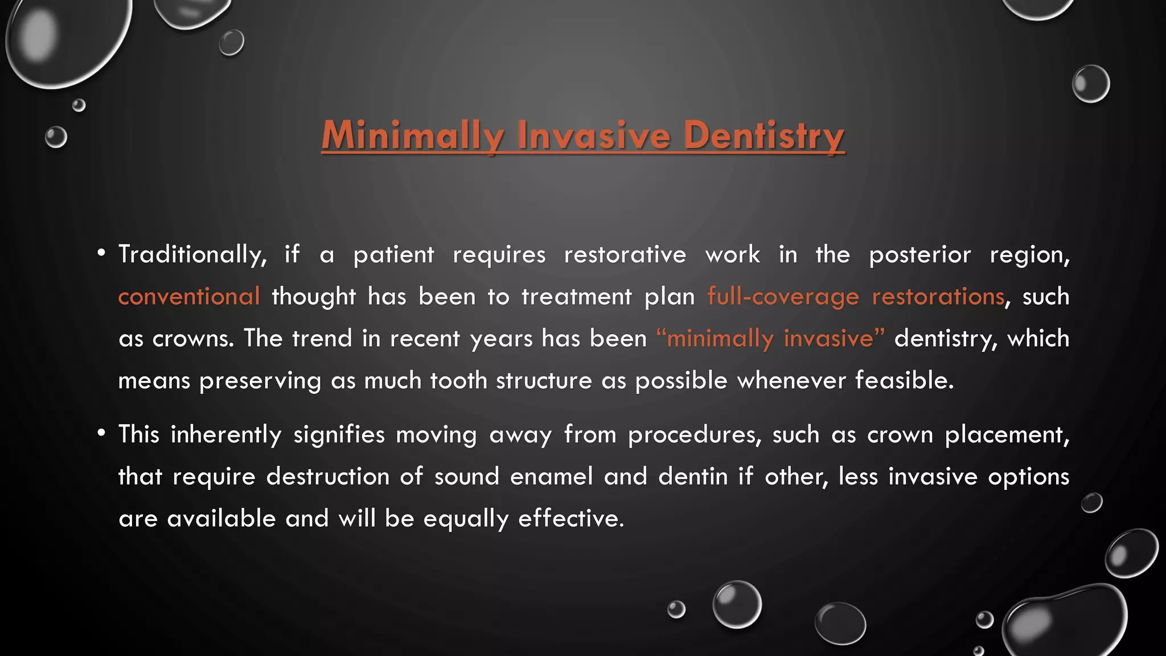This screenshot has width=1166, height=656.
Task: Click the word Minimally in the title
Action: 412,136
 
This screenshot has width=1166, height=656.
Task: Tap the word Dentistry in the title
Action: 763,136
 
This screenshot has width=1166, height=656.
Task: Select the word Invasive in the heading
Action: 594,136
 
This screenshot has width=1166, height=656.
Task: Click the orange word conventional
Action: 189,297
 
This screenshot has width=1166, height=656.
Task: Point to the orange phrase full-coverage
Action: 783,297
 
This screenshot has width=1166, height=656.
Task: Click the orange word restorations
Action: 938,297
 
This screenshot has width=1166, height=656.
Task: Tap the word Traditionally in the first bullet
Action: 192,255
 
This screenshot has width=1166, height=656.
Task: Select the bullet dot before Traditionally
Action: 101,253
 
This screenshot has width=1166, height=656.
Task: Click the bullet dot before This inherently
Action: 101,433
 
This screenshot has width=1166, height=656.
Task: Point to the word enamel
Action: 551,477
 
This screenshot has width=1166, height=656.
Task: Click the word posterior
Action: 919,255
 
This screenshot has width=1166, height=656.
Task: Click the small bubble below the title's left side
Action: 56,137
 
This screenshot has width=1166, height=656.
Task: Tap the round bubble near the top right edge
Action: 1090,84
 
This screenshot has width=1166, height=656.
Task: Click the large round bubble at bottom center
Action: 737,604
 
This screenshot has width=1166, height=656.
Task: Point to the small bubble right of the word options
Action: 1091,503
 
